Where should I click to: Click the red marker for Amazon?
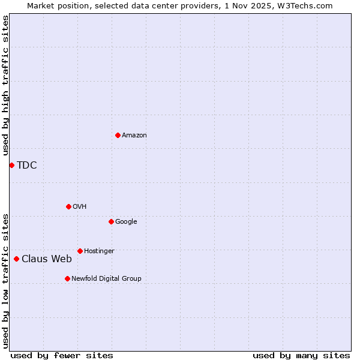[118, 135]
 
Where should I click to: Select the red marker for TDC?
[11, 165]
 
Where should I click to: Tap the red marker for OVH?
[68, 206]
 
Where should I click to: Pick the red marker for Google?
[111, 221]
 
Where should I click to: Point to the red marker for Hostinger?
[80, 251]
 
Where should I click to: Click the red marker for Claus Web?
[16, 259]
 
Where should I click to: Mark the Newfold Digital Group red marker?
[67, 278]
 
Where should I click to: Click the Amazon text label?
[134, 136]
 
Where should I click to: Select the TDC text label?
[27, 166]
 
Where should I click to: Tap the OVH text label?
[80, 207]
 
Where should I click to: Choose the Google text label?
[126, 222]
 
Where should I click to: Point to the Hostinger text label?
[99, 251]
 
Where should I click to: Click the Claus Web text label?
[47, 259]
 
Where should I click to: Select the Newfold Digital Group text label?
[106, 279]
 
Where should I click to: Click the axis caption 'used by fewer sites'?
[62, 355]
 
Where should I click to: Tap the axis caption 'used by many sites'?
[301, 355]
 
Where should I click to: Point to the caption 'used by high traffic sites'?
[5, 86]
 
